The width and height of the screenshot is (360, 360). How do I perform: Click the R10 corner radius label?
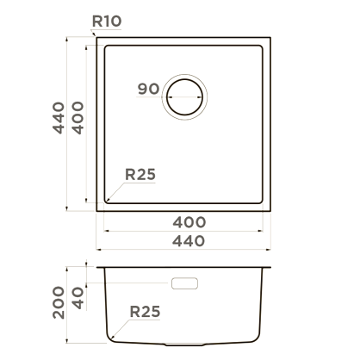click(107, 22)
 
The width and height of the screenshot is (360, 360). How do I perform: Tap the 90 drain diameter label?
click(148, 89)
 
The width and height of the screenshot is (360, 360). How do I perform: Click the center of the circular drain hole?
click(184, 96)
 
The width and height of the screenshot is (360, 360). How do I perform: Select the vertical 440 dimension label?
click(59, 118)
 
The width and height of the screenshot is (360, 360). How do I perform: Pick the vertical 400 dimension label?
click(78, 118)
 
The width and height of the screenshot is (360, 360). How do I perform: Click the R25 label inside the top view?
click(140, 174)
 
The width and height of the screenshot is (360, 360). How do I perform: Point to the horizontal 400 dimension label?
click(189, 222)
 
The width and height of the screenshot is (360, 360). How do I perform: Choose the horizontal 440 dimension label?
click(189, 241)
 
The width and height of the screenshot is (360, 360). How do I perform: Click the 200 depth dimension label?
click(59, 302)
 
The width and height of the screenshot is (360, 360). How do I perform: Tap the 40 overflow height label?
click(78, 298)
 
